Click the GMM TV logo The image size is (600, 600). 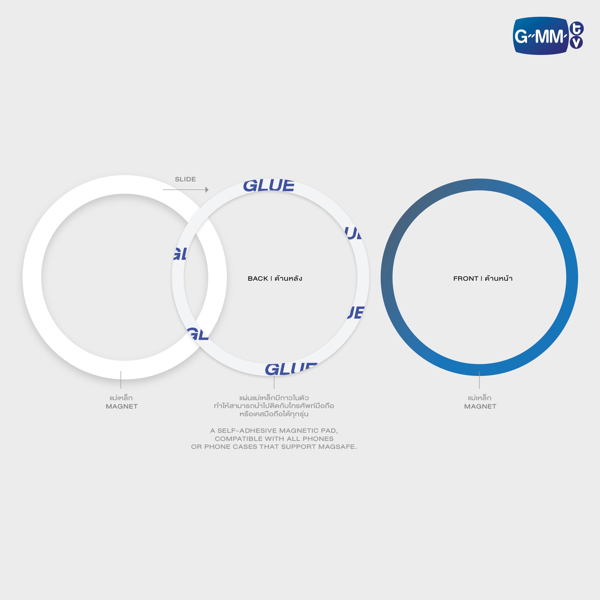pyautogui.click(x=548, y=36)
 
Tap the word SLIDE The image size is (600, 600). pyautogui.click(x=185, y=179)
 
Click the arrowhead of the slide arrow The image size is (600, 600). pyautogui.click(x=207, y=189)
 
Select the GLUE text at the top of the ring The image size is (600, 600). pyautogui.click(x=269, y=186)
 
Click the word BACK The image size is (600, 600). pyautogui.click(x=258, y=279)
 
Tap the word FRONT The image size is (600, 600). pyautogui.click(x=466, y=279)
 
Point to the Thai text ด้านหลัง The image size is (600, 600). pyautogui.click(x=288, y=278)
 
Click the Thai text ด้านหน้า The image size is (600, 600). pyautogui.click(x=499, y=278)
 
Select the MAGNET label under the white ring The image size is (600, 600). pyautogui.click(x=122, y=406)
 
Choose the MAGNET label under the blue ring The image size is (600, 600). pyautogui.click(x=480, y=406)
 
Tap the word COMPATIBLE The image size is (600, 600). pyautogui.click(x=239, y=439)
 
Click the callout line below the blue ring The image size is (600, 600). pyautogui.click(x=479, y=380)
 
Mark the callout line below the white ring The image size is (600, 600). pyautogui.click(x=121, y=380)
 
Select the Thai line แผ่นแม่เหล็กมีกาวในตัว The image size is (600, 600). pyautogui.click(x=274, y=398)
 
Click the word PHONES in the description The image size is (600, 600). pyautogui.click(x=318, y=439)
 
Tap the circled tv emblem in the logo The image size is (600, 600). pyautogui.click(x=576, y=35)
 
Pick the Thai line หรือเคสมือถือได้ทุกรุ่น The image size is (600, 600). pyautogui.click(x=274, y=414)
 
